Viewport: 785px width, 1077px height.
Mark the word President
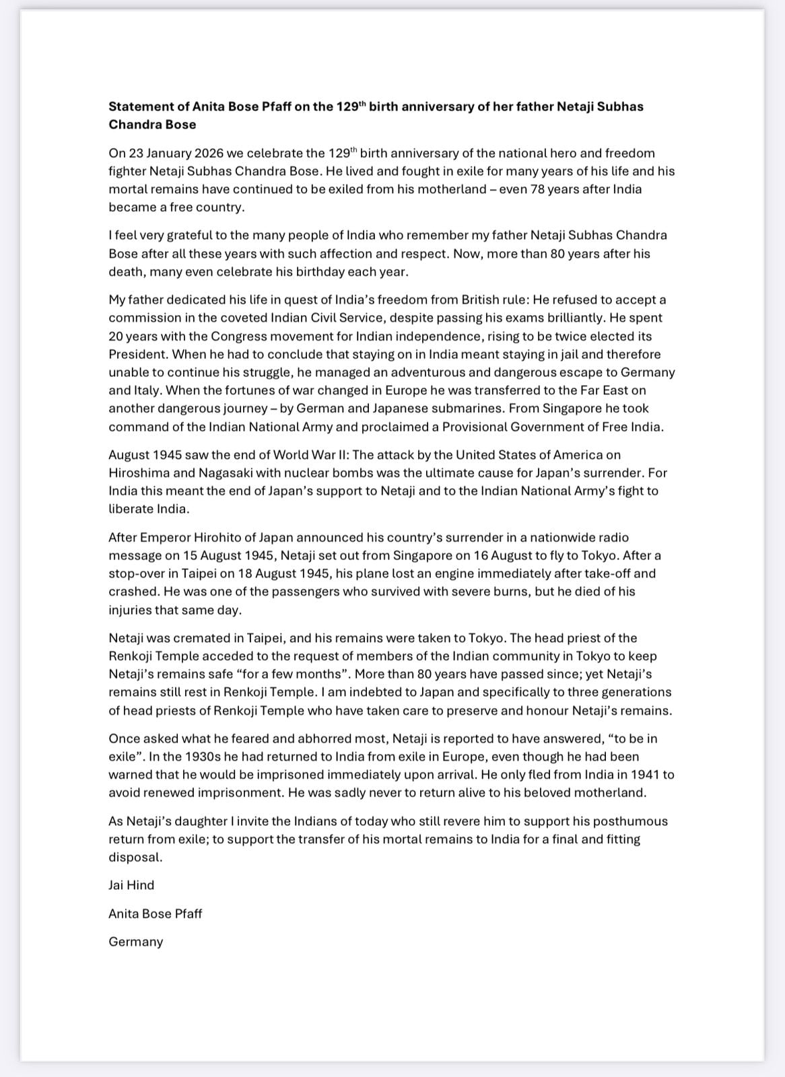click(x=137, y=354)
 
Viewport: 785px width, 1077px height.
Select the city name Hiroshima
click(x=139, y=473)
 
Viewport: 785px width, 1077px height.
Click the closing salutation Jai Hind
click(x=131, y=885)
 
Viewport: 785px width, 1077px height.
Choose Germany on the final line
click(x=136, y=942)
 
